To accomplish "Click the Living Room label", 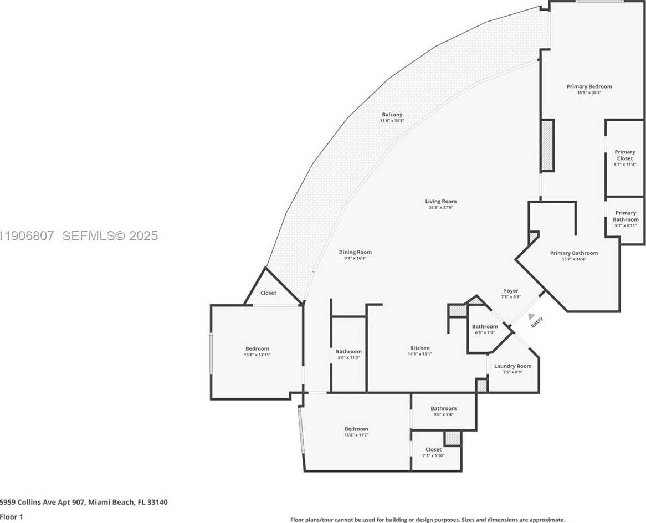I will [441, 202].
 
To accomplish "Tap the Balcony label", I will [392, 115].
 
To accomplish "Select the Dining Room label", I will [355, 252].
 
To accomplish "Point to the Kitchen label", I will [419, 348].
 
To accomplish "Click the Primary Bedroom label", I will [589, 86].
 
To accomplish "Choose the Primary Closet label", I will [624, 155].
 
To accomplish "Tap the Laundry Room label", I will [512, 366].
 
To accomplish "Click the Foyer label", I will [510, 291].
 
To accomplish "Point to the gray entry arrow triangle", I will [531, 316].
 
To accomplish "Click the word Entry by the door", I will [537, 322].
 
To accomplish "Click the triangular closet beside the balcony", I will [268, 293].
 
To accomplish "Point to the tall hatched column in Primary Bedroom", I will [547, 145].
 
